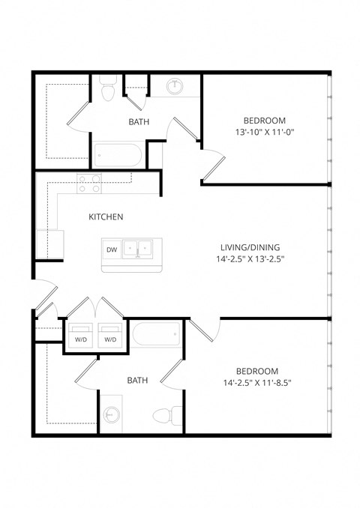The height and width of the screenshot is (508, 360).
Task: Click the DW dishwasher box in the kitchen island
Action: [x=112, y=250]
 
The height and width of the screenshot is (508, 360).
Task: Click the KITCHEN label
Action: [x=106, y=217]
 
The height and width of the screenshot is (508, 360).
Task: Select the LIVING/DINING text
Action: [x=251, y=247]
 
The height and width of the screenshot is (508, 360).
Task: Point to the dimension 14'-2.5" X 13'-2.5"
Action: [x=251, y=259]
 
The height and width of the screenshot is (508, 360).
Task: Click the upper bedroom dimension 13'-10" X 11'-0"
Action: [x=265, y=133]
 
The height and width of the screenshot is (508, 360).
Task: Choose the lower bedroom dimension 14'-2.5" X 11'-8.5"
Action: [x=257, y=383]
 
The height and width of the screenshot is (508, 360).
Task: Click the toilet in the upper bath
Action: [x=106, y=90]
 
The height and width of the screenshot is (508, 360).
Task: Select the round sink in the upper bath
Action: [x=175, y=85]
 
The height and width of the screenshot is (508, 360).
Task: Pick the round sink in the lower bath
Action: [x=112, y=414]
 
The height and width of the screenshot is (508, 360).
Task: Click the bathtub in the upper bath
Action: [x=118, y=156]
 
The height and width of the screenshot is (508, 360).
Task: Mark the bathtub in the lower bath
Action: [x=157, y=334]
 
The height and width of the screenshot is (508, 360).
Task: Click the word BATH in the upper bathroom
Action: [x=139, y=121]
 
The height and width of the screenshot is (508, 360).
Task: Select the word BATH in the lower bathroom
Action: [x=137, y=381]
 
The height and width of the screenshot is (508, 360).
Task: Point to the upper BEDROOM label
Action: [x=265, y=121]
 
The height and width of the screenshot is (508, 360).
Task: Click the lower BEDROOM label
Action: [x=257, y=371]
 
